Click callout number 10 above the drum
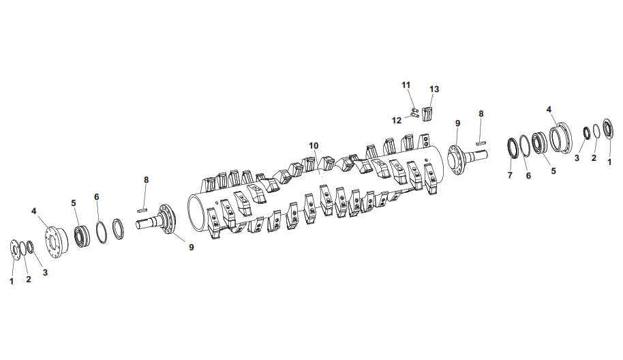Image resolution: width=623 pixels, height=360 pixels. (314, 146)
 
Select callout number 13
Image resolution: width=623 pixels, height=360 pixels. (434, 89)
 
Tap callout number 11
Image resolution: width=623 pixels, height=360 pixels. (406, 85)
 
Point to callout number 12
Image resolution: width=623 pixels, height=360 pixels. (397, 121)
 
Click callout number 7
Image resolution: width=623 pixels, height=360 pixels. (510, 175)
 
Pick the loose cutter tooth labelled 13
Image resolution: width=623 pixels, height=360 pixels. (427, 114)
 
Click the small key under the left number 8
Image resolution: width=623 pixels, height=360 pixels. (142, 209)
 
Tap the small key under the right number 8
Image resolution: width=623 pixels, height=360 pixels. (481, 143)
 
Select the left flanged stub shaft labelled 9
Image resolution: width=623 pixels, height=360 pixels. (157, 220)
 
